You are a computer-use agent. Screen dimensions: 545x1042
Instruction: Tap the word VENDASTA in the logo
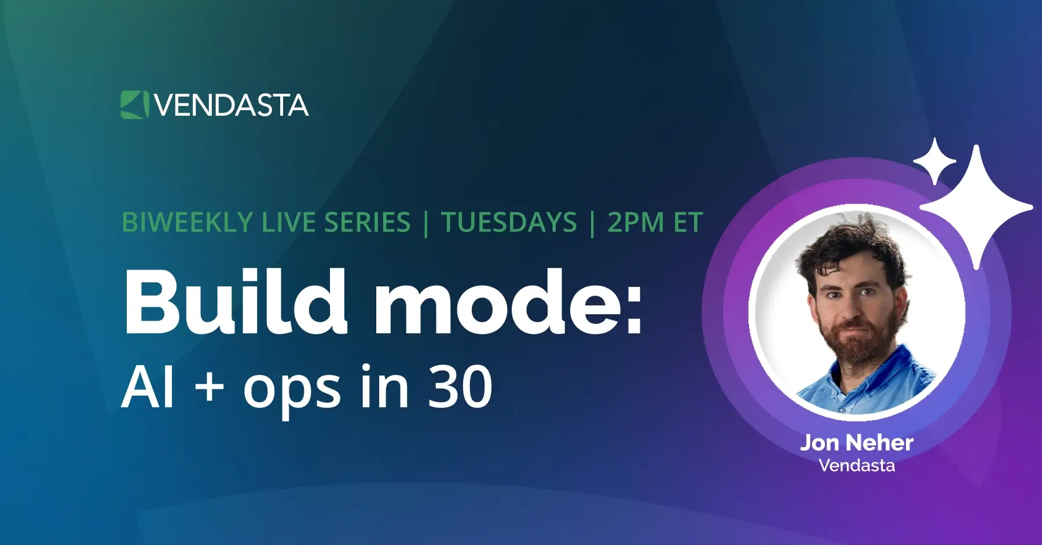pos(232,105)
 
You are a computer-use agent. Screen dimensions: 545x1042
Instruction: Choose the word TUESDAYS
pos(509,223)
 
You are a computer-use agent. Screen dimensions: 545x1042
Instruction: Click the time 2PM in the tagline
pos(635,223)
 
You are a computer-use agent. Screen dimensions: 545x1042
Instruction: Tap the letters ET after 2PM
pos(688,223)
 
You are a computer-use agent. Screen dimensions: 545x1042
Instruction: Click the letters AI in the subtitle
pos(148,388)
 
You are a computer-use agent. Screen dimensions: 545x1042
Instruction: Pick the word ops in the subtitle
pos(292,391)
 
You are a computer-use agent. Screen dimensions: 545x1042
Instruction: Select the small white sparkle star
pos(934,161)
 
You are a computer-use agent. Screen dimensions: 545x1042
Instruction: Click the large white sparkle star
pos(977,207)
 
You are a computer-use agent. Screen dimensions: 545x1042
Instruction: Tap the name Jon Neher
pos(857,443)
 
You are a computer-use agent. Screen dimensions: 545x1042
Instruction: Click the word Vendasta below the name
pos(857,466)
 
